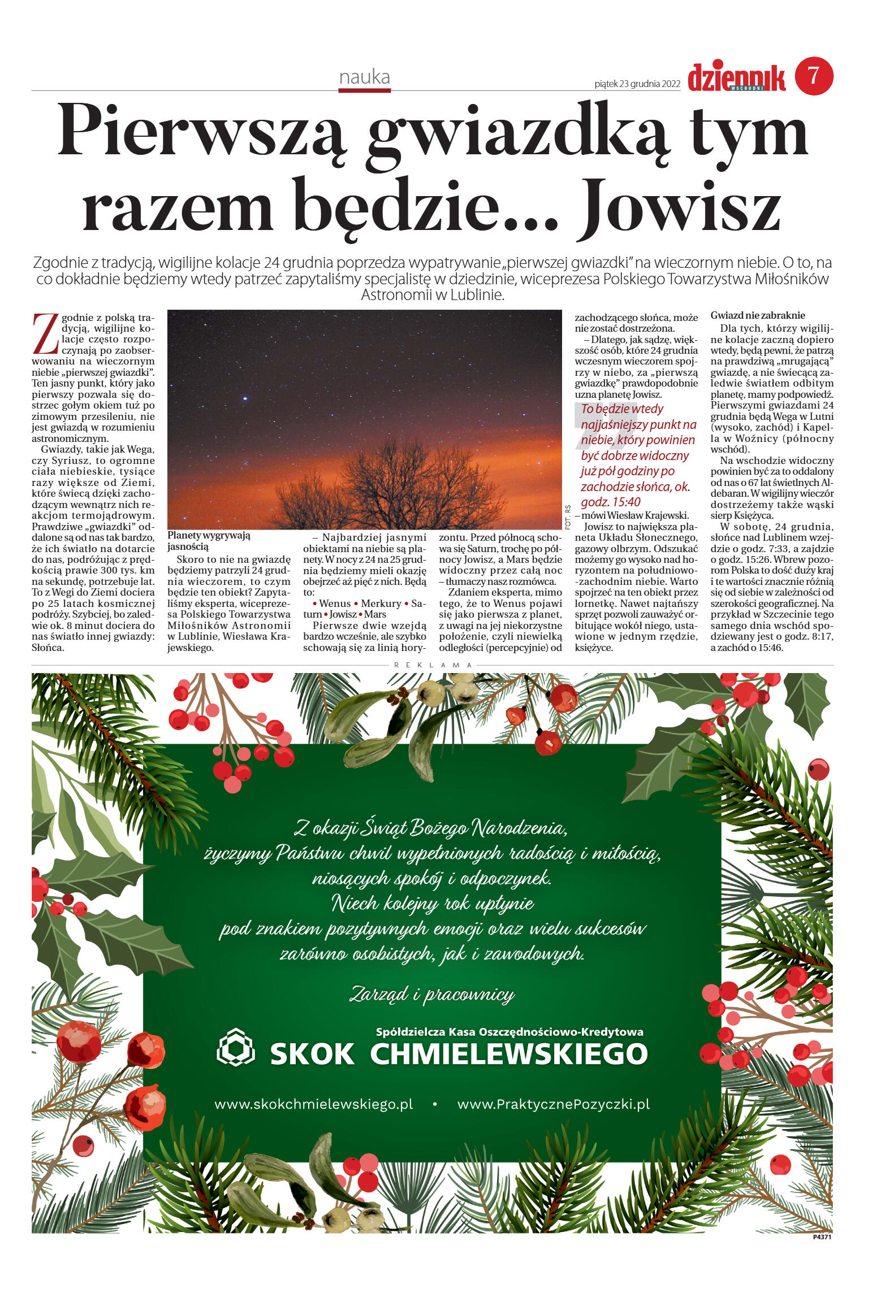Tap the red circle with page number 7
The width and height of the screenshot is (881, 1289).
point(814,76)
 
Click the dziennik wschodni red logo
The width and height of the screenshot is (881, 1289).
point(736,78)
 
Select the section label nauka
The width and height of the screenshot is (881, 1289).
point(364,77)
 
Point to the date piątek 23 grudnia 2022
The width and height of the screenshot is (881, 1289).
point(637,84)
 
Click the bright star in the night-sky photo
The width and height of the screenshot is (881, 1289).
point(245,398)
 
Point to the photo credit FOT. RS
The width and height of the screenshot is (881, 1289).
point(568,517)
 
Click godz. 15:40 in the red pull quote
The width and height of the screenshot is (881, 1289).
point(610,502)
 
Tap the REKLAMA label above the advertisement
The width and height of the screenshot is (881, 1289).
point(433,665)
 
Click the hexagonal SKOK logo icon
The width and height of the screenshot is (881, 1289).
point(235,1047)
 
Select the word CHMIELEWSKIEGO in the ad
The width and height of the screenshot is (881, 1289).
point(508,1054)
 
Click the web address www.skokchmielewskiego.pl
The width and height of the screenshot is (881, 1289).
point(313,1104)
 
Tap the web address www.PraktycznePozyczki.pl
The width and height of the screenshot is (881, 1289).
point(553,1104)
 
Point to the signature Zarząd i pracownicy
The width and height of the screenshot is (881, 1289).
point(432,994)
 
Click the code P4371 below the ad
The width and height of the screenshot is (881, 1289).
point(822,1237)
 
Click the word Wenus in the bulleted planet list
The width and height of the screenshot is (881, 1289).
point(335,604)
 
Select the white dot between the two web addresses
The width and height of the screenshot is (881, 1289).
point(434,1104)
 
